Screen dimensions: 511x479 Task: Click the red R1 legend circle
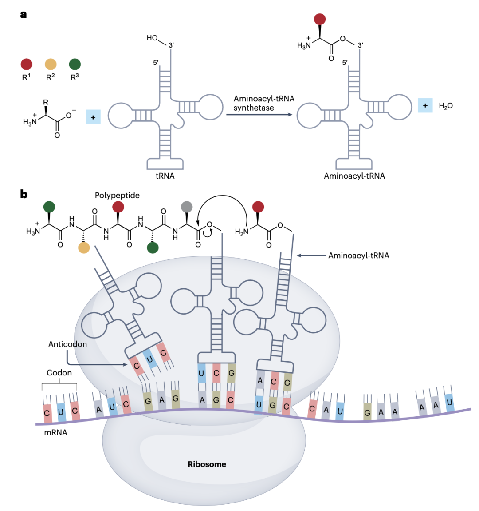click(x=27, y=64)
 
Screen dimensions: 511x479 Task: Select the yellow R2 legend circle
click(x=51, y=64)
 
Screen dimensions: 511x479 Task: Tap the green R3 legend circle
click(x=75, y=64)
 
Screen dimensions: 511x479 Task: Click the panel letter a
click(x=24, y=14)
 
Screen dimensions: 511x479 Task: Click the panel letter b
click(x=24, y=194)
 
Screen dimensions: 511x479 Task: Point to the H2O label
click(x=445, y=106)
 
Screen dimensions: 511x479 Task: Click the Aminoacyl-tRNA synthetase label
click(x=264, y=103)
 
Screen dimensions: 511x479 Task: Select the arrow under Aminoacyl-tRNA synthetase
click(x=259, y=115)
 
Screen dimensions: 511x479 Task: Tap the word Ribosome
click(x=207, y=464)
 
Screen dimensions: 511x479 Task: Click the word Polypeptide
click(x=117, y=196)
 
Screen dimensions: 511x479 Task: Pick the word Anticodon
click(x=67, y=344)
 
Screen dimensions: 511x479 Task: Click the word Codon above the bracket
click(x=59, y=373)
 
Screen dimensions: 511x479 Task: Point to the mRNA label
click(x=55, y=432)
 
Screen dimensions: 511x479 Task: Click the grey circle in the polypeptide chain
click(x=187, y=207)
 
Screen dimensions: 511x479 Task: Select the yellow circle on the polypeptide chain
click(x=84, y=248)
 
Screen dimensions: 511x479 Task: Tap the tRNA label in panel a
click(x=165, y=176)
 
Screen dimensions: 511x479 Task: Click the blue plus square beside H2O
click(x=425, y=106)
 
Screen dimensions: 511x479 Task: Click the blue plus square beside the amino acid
click(x=93, y=117)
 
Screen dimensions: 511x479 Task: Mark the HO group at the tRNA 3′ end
click(x=152, y=38)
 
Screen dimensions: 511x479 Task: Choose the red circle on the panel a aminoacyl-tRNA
click(x=320, y=19)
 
